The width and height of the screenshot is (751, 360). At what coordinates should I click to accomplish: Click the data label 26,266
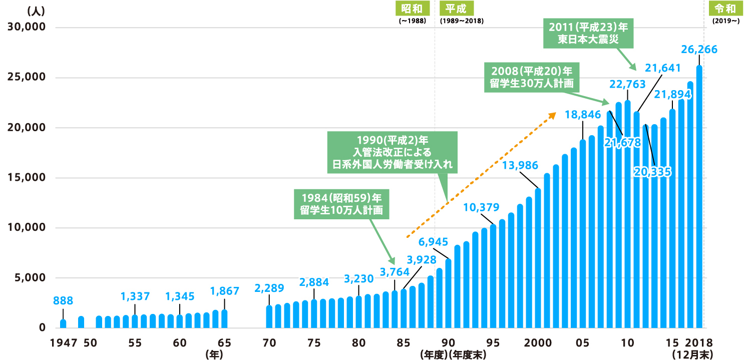click(699, 49)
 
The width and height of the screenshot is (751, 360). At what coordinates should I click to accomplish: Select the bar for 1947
click(63, 323)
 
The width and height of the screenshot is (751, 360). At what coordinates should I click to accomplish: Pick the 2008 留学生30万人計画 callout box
click(531, 77)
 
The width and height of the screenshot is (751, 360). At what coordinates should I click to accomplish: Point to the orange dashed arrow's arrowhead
click(553, 115)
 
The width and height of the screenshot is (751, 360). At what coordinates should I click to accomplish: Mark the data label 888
click(63, 301)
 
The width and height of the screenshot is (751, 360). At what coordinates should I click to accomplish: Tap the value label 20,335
click(653, 171)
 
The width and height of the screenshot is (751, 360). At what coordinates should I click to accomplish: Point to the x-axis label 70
click(269, 343)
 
